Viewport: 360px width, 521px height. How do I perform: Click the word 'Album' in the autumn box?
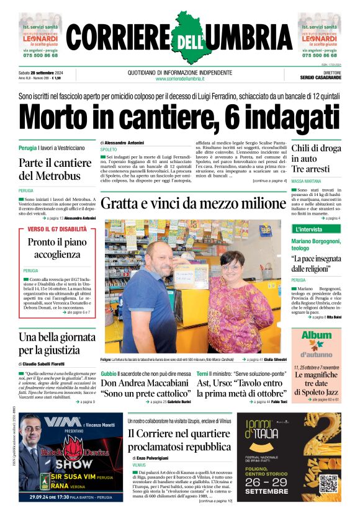(317, 336)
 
